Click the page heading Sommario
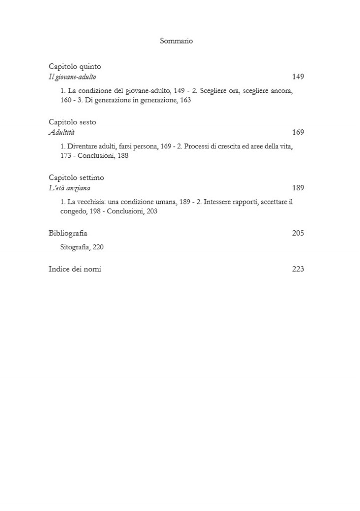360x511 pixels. (x=176, y=41)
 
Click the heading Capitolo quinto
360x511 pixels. (x=75, y=66)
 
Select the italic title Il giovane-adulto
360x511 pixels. (x=72, y=77)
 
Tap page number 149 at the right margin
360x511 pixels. (x=298, y=77)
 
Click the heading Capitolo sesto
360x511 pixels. (x=72, y=122)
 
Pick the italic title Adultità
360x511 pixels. (x=62, y=132)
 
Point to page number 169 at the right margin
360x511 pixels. (x=298, y=132)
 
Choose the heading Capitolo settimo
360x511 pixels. (x=76, y=177)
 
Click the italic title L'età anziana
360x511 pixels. (x=69, y=188)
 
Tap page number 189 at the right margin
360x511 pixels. (x=298, y=188)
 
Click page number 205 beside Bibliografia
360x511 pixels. (x=298, y=233)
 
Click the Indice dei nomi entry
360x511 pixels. (x=75, y=269)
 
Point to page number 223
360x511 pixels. (x=298, y=269)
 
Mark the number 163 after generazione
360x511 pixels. (x=185, y=100)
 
